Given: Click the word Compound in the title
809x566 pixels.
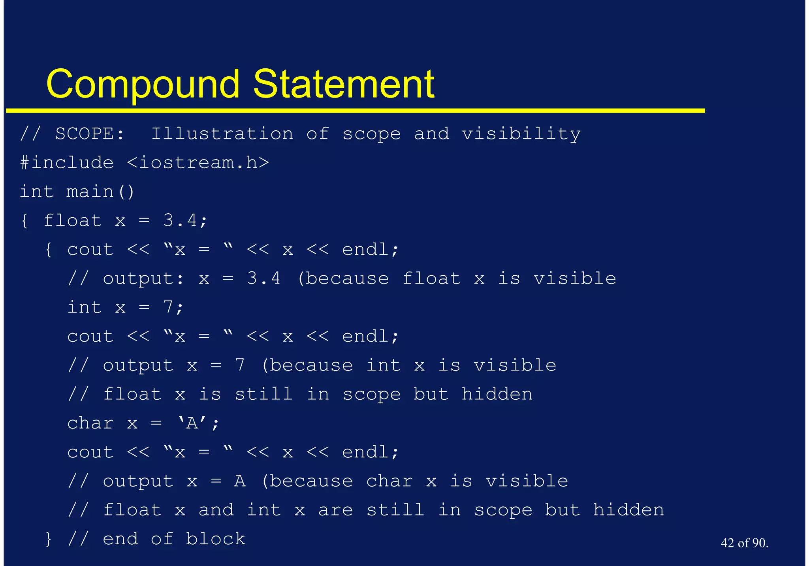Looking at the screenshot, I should pos(143,84).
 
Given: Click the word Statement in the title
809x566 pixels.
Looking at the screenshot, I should pos(344,84).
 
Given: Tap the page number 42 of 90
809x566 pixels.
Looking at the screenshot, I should pos(744,543).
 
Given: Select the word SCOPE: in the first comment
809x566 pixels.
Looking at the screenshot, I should pos(90,134).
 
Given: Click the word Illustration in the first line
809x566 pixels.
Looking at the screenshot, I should pos(222,134).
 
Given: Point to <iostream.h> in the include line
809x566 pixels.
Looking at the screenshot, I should pos(198,163).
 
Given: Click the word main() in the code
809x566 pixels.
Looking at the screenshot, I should pos(100,192).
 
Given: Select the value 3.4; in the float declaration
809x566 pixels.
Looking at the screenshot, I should pos(185,220).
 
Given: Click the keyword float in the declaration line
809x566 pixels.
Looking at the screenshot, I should pos(72,220).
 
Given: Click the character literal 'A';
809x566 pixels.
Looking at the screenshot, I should pos(198,423).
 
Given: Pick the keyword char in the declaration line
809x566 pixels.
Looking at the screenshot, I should pos(90,423).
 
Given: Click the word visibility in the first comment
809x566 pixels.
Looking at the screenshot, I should pos(521,134).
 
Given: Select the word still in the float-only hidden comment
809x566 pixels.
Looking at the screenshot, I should pos(263,394).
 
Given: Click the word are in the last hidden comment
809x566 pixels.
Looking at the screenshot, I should pos(335,510).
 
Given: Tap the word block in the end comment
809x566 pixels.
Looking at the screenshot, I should pos(216,539).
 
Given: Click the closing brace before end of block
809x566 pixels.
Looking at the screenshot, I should pos(49,539).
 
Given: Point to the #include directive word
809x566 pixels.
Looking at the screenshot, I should pos(67,163).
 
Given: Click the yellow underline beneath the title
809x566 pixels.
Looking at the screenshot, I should pos(356,111).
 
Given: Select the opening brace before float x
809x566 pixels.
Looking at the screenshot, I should pos(24,220).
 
